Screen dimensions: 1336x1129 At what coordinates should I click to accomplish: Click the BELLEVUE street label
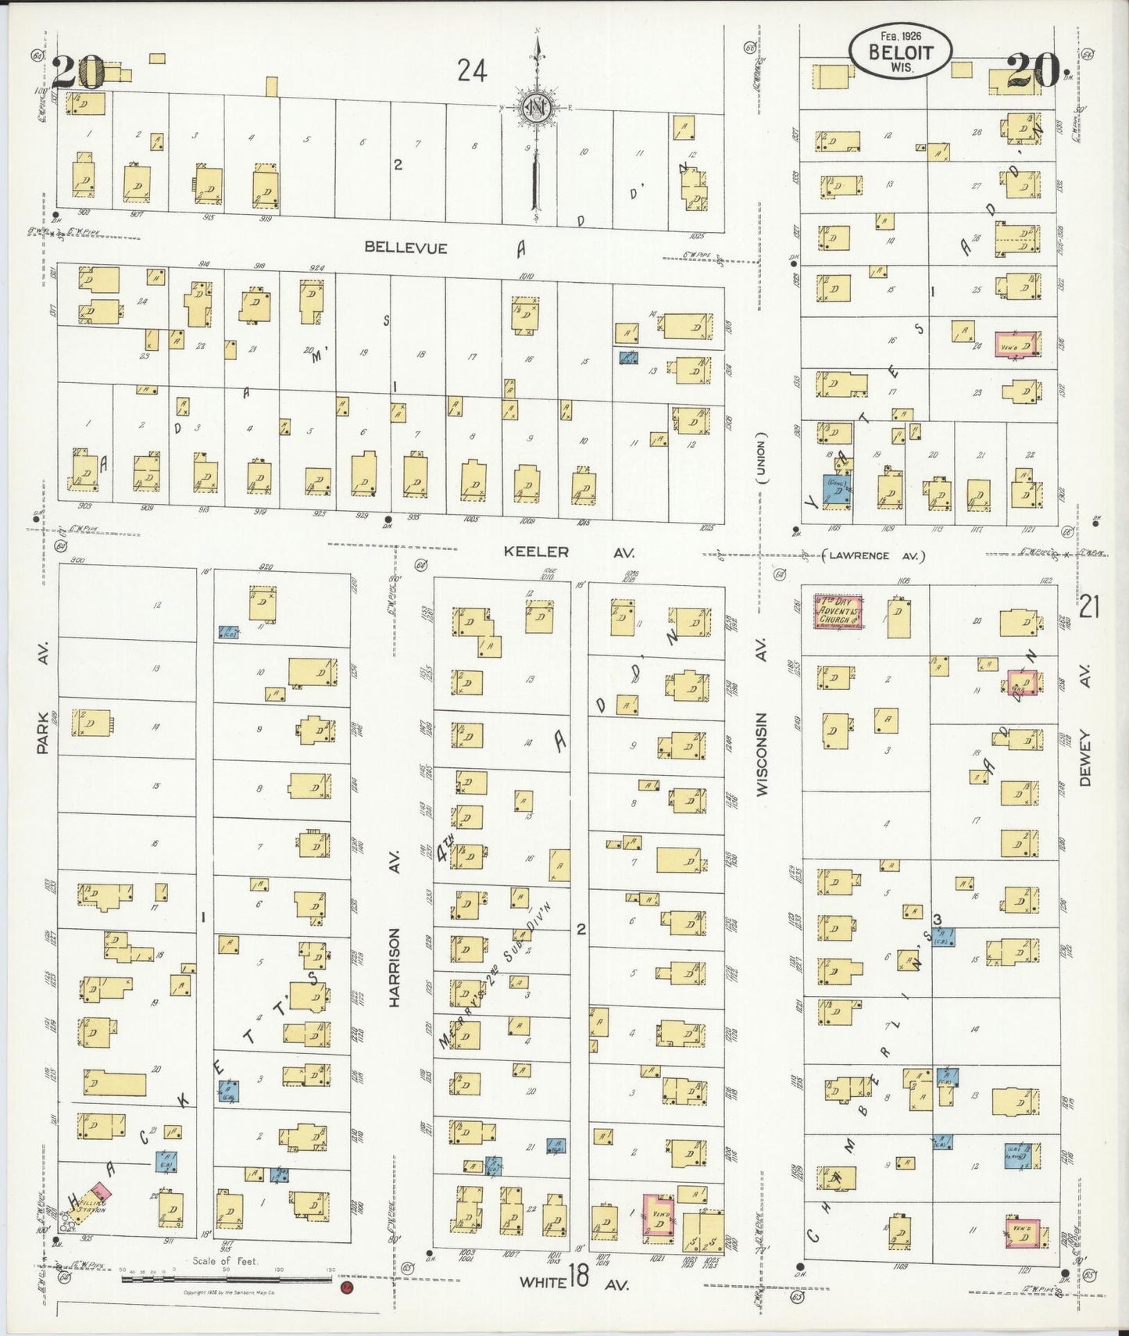[x=406, y=248]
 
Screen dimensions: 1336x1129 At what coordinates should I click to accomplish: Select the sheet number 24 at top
[x=472, y=72]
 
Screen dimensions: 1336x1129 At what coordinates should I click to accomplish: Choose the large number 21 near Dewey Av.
[x=1089, y=606]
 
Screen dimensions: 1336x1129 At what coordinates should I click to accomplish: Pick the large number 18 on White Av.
[x=578, y=1279]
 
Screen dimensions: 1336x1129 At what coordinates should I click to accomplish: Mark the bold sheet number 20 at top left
[x=78, y=73]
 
